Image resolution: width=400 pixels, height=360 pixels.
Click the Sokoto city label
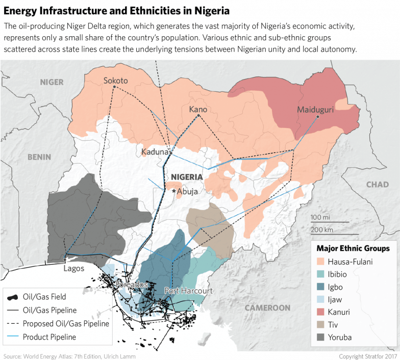(115, 81)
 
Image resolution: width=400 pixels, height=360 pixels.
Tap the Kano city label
(198, 109)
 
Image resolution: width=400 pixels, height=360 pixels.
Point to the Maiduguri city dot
(317, 117)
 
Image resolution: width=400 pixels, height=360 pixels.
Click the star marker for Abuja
(174, 191)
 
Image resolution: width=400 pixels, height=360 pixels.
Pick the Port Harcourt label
(188, 291)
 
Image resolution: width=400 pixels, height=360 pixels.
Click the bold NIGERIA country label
(187, 177)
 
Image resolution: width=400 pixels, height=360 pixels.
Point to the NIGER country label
(52, 82)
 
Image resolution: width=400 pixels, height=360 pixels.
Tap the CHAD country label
(377, 185)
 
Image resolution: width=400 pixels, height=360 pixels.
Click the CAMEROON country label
(267, 308)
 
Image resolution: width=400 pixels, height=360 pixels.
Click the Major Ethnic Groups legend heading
(353, 248)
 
